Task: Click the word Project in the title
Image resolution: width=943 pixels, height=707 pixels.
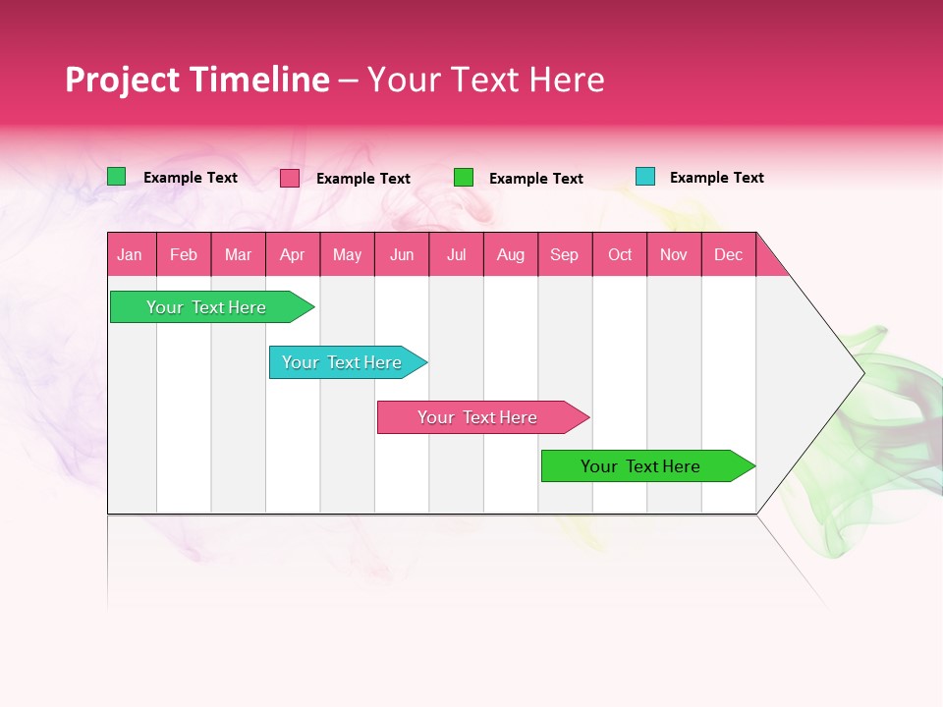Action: click(x=122, y=81)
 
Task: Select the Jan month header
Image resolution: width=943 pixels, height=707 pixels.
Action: click(x=130, y=254)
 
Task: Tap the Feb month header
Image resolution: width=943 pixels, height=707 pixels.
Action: click(x=184, y=254)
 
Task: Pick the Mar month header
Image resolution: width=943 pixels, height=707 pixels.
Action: click(x=238, y=254)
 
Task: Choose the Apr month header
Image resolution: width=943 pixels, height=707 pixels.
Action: click(x=293, y=254)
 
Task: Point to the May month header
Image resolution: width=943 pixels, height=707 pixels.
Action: click(x=347, y=254)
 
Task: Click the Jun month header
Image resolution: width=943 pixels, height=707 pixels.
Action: click(x=402, y=254)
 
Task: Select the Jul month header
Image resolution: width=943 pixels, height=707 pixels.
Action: click(x=456, y=254)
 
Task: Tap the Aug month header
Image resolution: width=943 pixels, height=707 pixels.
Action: click(x=511, y=254)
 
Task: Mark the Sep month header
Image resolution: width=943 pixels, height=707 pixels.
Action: click(x=565, y=254)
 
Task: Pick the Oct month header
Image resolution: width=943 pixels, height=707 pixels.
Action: click(x=620, y=254)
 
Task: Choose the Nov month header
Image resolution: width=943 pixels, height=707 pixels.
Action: click(x=674, y=254)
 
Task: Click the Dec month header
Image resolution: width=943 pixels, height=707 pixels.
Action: click(x=729, y=254)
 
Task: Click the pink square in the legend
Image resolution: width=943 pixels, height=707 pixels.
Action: click(x=290, y=178)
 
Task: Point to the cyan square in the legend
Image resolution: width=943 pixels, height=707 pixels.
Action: click(x=644, y=177)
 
